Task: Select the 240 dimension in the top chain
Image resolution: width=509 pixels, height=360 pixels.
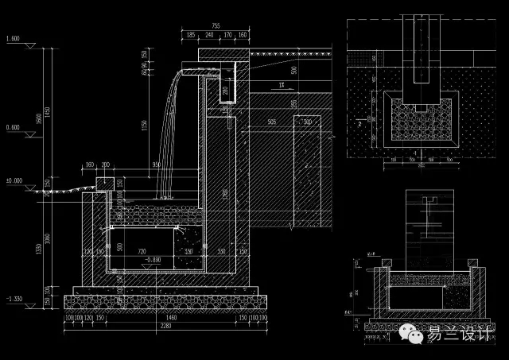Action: pos(208,36)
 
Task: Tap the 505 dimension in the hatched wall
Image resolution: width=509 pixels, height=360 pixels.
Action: pos(272,122)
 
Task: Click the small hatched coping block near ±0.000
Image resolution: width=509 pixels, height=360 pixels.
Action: pos(104,185)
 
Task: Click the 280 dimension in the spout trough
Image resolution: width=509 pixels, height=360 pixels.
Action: pos(225,90)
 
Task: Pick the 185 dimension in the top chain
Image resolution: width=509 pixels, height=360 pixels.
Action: pos(190,36)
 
